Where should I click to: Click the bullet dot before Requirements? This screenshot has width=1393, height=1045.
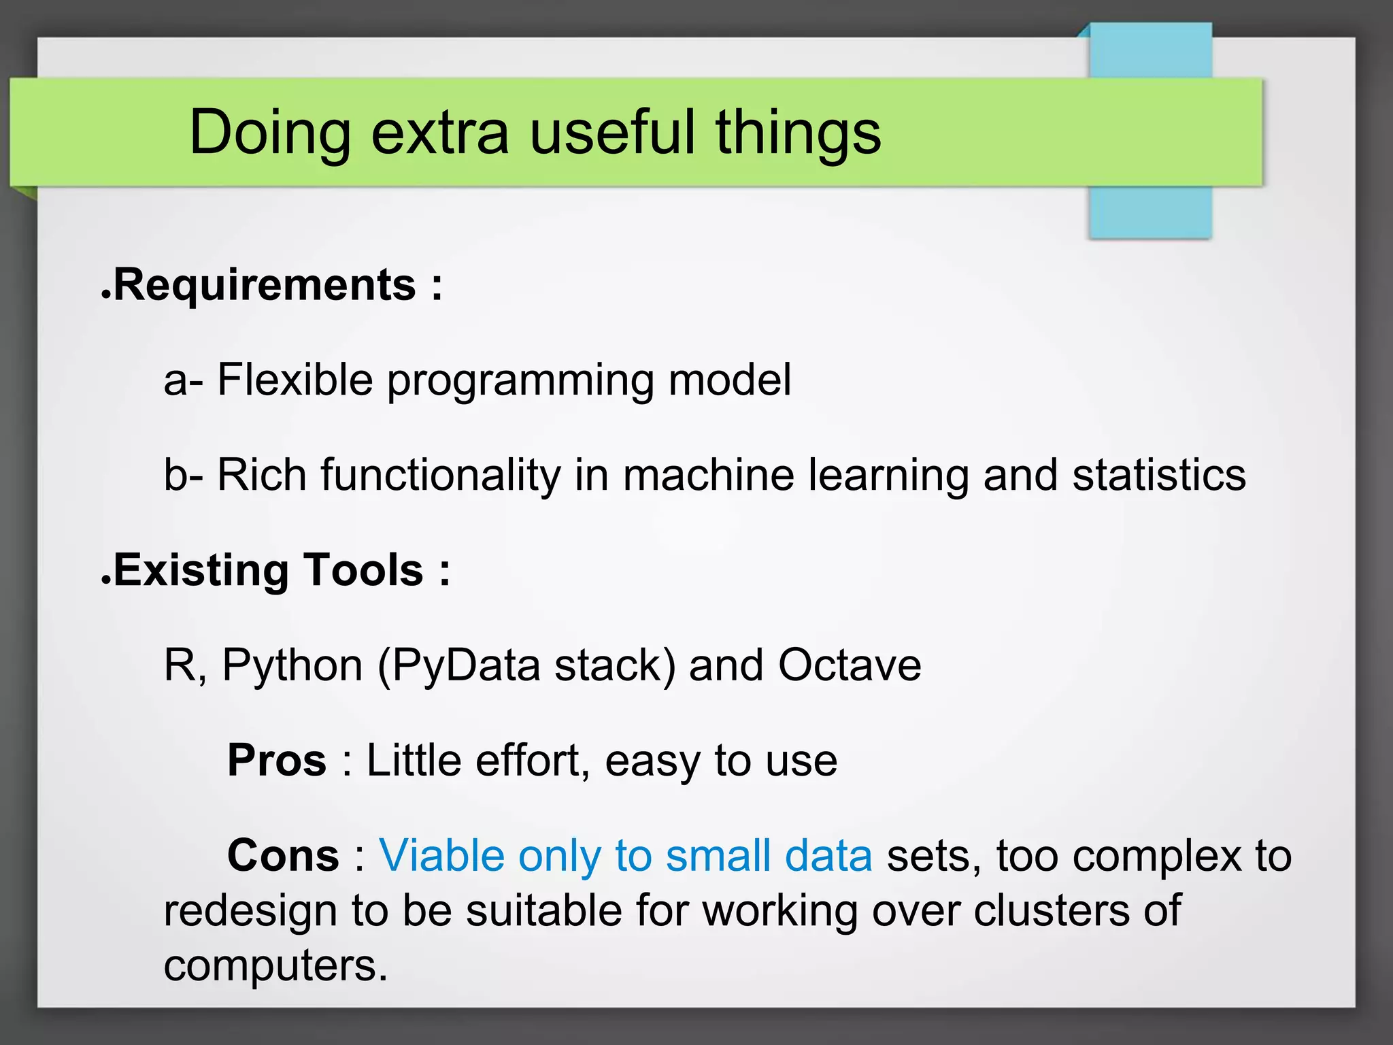pos(105,295)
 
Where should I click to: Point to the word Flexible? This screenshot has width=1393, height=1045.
pos(295,379)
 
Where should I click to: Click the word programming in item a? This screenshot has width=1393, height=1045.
pos(520,380)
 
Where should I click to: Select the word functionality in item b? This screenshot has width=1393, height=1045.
pos(440,474)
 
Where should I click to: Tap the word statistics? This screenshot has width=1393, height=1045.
pos(1159,474)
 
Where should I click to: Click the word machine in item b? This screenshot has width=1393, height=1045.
pos(708,474)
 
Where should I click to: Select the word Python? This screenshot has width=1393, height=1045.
pos(292,665)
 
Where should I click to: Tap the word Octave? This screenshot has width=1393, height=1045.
pos(850,665)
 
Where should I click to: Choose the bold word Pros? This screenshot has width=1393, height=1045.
pos(277,760)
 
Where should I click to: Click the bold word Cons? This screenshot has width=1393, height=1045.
pos(283,855)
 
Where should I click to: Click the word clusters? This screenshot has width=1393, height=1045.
pos(1050,910)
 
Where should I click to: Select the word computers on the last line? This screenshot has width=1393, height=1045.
pos(275,965)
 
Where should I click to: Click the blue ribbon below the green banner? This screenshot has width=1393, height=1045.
pos(1150,212)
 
